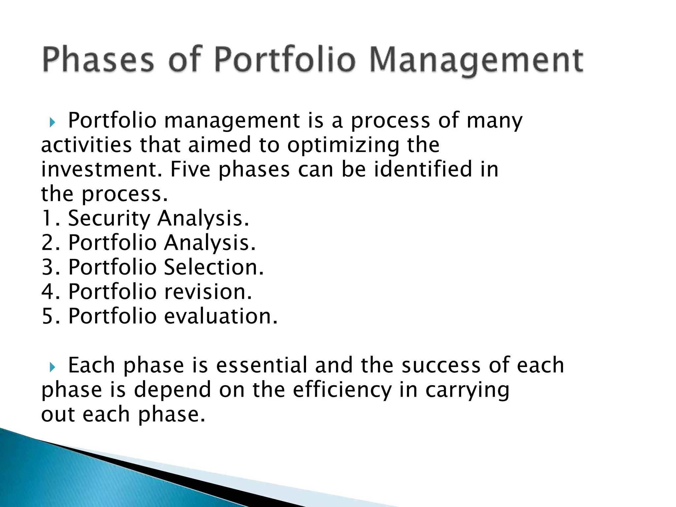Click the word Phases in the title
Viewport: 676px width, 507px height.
point(98,60)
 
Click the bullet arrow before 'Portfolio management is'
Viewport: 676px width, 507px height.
point(52,123)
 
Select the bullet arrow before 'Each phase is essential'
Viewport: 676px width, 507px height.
point(52,367)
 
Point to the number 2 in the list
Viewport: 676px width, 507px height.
point(47,243)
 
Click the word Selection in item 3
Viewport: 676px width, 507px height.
point(214,267)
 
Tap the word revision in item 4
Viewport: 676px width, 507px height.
point(208,292)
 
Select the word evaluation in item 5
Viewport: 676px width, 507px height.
point(220,316)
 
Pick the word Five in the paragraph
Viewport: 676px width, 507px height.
point(190,169)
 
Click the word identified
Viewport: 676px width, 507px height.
point(423,169)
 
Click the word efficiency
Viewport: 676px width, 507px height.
point(342,389)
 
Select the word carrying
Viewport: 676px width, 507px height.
point(467,390)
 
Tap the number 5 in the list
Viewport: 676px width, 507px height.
point(47,316)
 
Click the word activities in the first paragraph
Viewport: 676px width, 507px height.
point(86,145)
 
